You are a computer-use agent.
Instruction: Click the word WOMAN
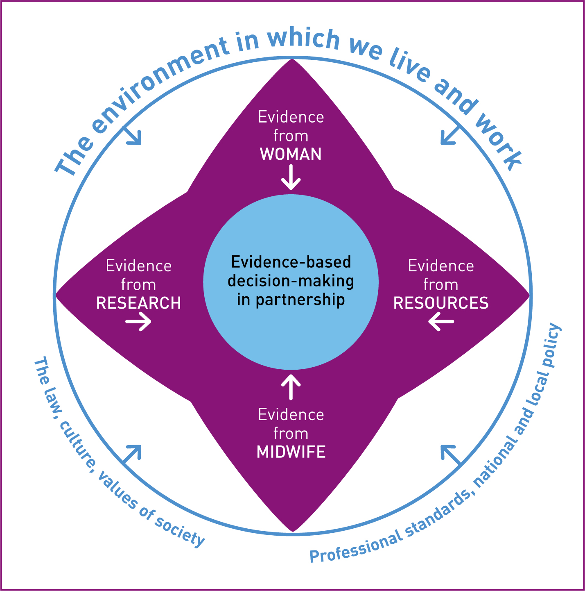point(291,154)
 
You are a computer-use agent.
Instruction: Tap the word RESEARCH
point(138,303)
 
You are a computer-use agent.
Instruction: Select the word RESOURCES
point(441,303)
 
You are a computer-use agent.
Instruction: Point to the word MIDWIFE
point(291,452)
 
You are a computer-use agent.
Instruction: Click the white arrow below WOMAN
point(291,177)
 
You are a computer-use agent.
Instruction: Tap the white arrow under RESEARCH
point(138,321)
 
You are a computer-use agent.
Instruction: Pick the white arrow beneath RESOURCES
point(441,321)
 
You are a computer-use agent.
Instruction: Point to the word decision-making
point(291,281)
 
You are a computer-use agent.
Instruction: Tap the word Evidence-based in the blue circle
point(291,262)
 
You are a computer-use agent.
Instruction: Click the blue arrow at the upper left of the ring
point(133,135)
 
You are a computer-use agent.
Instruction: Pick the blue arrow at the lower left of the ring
point(132,455)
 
